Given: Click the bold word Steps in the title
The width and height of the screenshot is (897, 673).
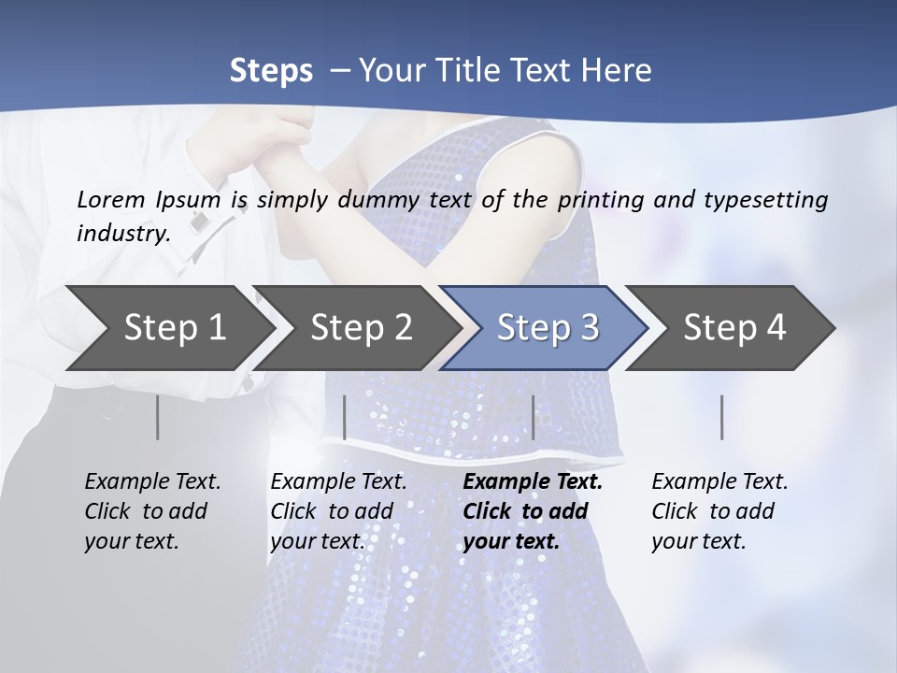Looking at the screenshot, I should pyautogui.click(x=271, y=70).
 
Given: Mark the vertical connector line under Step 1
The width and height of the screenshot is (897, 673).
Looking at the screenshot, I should pyautogui.click(x=157, y=417).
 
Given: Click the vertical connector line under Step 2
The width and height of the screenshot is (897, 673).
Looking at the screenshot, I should pyautogui.click(x=345, y=417).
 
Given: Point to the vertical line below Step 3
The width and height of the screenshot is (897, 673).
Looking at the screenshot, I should pyautogui.click(x=533, y=417).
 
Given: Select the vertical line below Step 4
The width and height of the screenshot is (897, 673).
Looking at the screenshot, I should pyautogui.click(x=721, y=417).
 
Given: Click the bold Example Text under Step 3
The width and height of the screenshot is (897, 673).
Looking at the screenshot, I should pyautogui.click(x=533, y=481).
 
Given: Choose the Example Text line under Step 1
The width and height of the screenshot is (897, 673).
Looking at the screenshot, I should pyautogui.click(x=152, y=481).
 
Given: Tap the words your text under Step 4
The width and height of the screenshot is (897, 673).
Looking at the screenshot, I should pyautogui.click(x=698, y=541).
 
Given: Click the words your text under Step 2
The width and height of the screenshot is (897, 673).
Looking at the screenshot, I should pyautogui.click(x=317, y=541).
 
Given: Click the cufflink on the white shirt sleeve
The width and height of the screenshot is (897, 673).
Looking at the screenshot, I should pyautogui.click(x=200, y=222).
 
